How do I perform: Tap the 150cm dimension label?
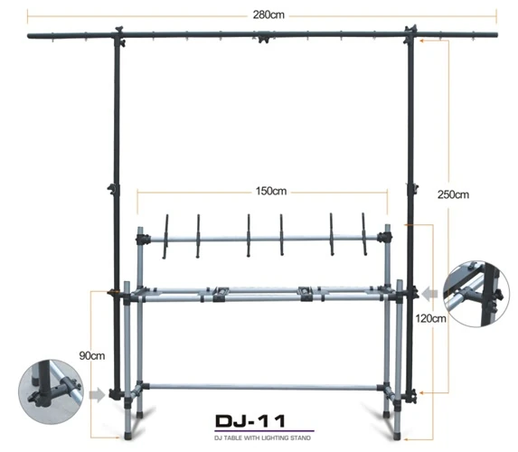pyautogui.click(x=271, y=191)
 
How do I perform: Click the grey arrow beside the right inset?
pyautogui.click(x=429, y=293)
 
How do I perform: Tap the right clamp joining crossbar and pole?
pyautogui.click(x=412, y=35)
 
